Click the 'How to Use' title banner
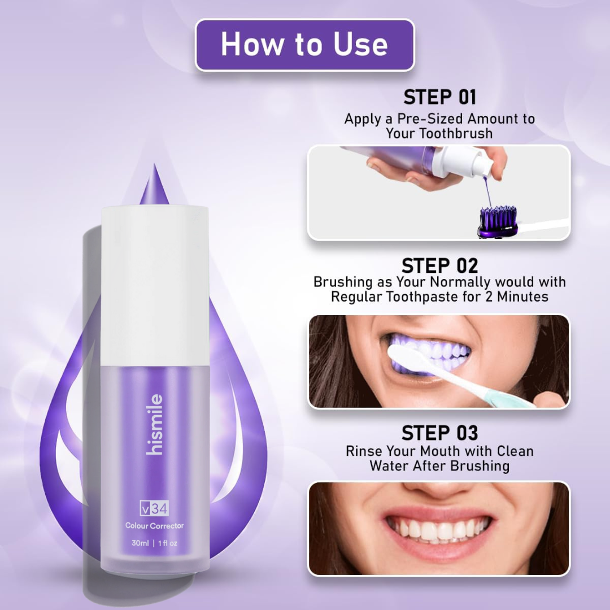point(304,45)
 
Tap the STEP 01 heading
point(439,97)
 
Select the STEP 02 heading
point(439,266)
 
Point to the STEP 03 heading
point(439,433)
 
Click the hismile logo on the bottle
point(155,424)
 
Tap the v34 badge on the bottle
point(154,508)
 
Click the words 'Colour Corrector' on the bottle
point(154,526)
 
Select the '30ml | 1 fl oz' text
point(154,543)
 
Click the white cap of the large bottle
point(155,286)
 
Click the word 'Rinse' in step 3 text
point(364,451)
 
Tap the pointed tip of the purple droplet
point(155,165)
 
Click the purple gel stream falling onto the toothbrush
point(486,191)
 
